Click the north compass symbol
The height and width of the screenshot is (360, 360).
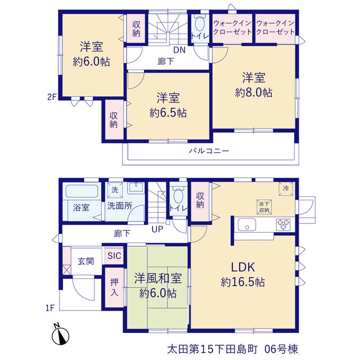[x=60, y=335]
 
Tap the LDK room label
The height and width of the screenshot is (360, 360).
[x=242, y=267]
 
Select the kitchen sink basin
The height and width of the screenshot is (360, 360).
[x=247, y=224]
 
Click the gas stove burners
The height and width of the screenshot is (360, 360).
[x=283, y=224]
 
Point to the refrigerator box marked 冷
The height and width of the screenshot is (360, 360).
[x=286, y=189]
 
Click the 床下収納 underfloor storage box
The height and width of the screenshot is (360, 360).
[x=264, y=207]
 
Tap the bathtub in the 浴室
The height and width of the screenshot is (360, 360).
[x=82, y=191]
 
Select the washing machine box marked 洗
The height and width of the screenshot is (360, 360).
[x=115, y=190]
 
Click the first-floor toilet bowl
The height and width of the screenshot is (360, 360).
[x=178, y=195]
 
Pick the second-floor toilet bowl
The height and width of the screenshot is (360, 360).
[x=200, y=23]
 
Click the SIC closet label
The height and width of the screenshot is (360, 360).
[x=114, y=255]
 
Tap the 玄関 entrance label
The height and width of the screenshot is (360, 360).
[x=86, y=261]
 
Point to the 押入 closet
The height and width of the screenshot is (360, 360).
[x=114, y=287]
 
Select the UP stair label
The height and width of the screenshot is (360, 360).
[x=157, y=229]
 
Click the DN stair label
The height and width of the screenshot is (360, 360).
[x=179, y=50]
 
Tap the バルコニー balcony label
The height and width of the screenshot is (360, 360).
[x=209, y=151]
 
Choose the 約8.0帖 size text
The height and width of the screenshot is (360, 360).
[x=254, y=92]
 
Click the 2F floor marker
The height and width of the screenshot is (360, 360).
[x=52, y=97]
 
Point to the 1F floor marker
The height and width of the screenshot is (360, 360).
[x=50, y=308]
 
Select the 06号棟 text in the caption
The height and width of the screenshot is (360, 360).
[x=281, y=349]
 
